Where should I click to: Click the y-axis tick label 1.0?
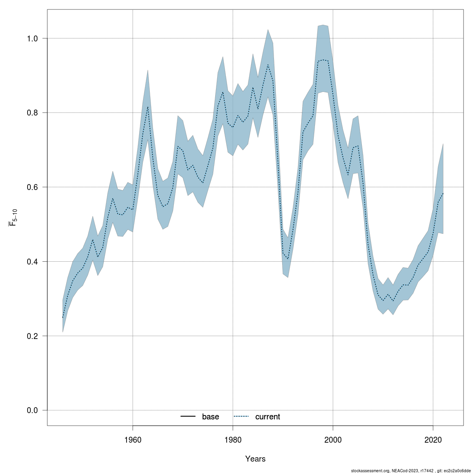click(x=32, y=39)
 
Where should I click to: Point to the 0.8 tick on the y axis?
click(x=32, y=113)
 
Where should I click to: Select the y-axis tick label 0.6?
click(x=32, y=187)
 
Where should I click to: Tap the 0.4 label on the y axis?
click(x=32, y=262)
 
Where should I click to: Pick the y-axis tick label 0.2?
click(x=32, y=336)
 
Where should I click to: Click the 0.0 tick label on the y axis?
click(x=32, y=410)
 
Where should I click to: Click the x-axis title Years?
click(x=255, y=459)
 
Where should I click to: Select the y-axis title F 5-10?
click(x=13, y=218)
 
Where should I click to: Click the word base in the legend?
click(x=210, y=417)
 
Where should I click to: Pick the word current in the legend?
click(x=268, y=417)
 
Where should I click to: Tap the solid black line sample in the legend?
click(x=188, y=417)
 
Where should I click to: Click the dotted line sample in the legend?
click(x=241, y=417)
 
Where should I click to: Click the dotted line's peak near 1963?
click(x=148, y=107)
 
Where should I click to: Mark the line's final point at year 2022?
click(x=443, y=193)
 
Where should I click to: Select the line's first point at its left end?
click(x=63, y=318)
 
